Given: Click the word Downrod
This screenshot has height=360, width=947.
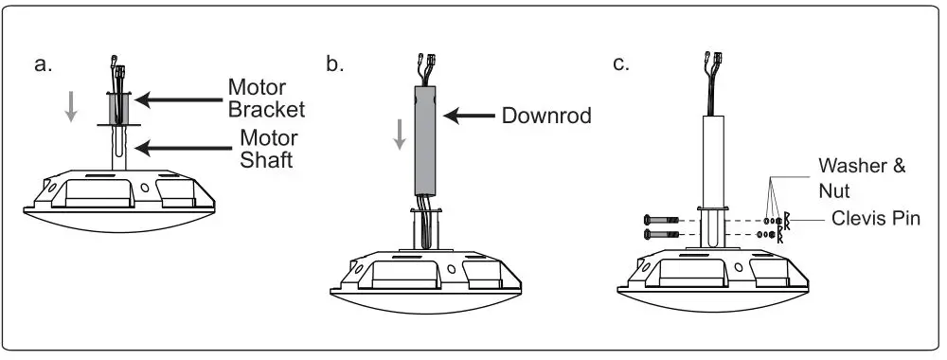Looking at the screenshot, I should point(546,117).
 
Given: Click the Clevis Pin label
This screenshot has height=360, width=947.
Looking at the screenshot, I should point(871,218).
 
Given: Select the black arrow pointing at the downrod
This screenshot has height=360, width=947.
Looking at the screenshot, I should point(469,117).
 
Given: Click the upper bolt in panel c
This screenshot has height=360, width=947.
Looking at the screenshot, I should point(659,220).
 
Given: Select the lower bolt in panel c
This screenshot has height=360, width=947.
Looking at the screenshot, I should point(659,234).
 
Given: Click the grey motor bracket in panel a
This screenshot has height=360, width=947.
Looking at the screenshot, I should point(119,108).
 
